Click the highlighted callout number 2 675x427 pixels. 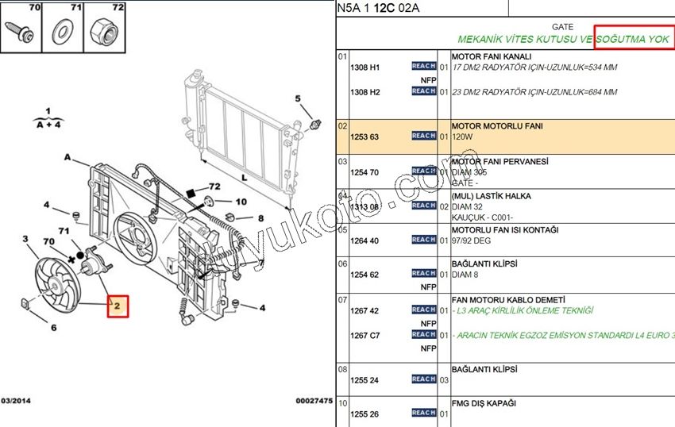point(117,306)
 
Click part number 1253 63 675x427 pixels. point(364,137)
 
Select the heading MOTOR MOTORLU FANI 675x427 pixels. point(497,126)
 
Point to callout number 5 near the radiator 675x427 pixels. point(299,99)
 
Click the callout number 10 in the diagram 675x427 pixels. point(241,202)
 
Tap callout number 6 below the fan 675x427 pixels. point(54,328)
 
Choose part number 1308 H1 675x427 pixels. point(364,67)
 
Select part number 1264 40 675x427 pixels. point(364,240)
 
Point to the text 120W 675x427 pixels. point(463,137)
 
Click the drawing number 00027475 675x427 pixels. point(314,402)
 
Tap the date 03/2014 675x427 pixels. point(17,402)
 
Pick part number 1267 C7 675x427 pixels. point(364,336)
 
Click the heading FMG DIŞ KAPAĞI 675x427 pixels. point(484,403)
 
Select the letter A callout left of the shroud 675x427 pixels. point(67,157)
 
